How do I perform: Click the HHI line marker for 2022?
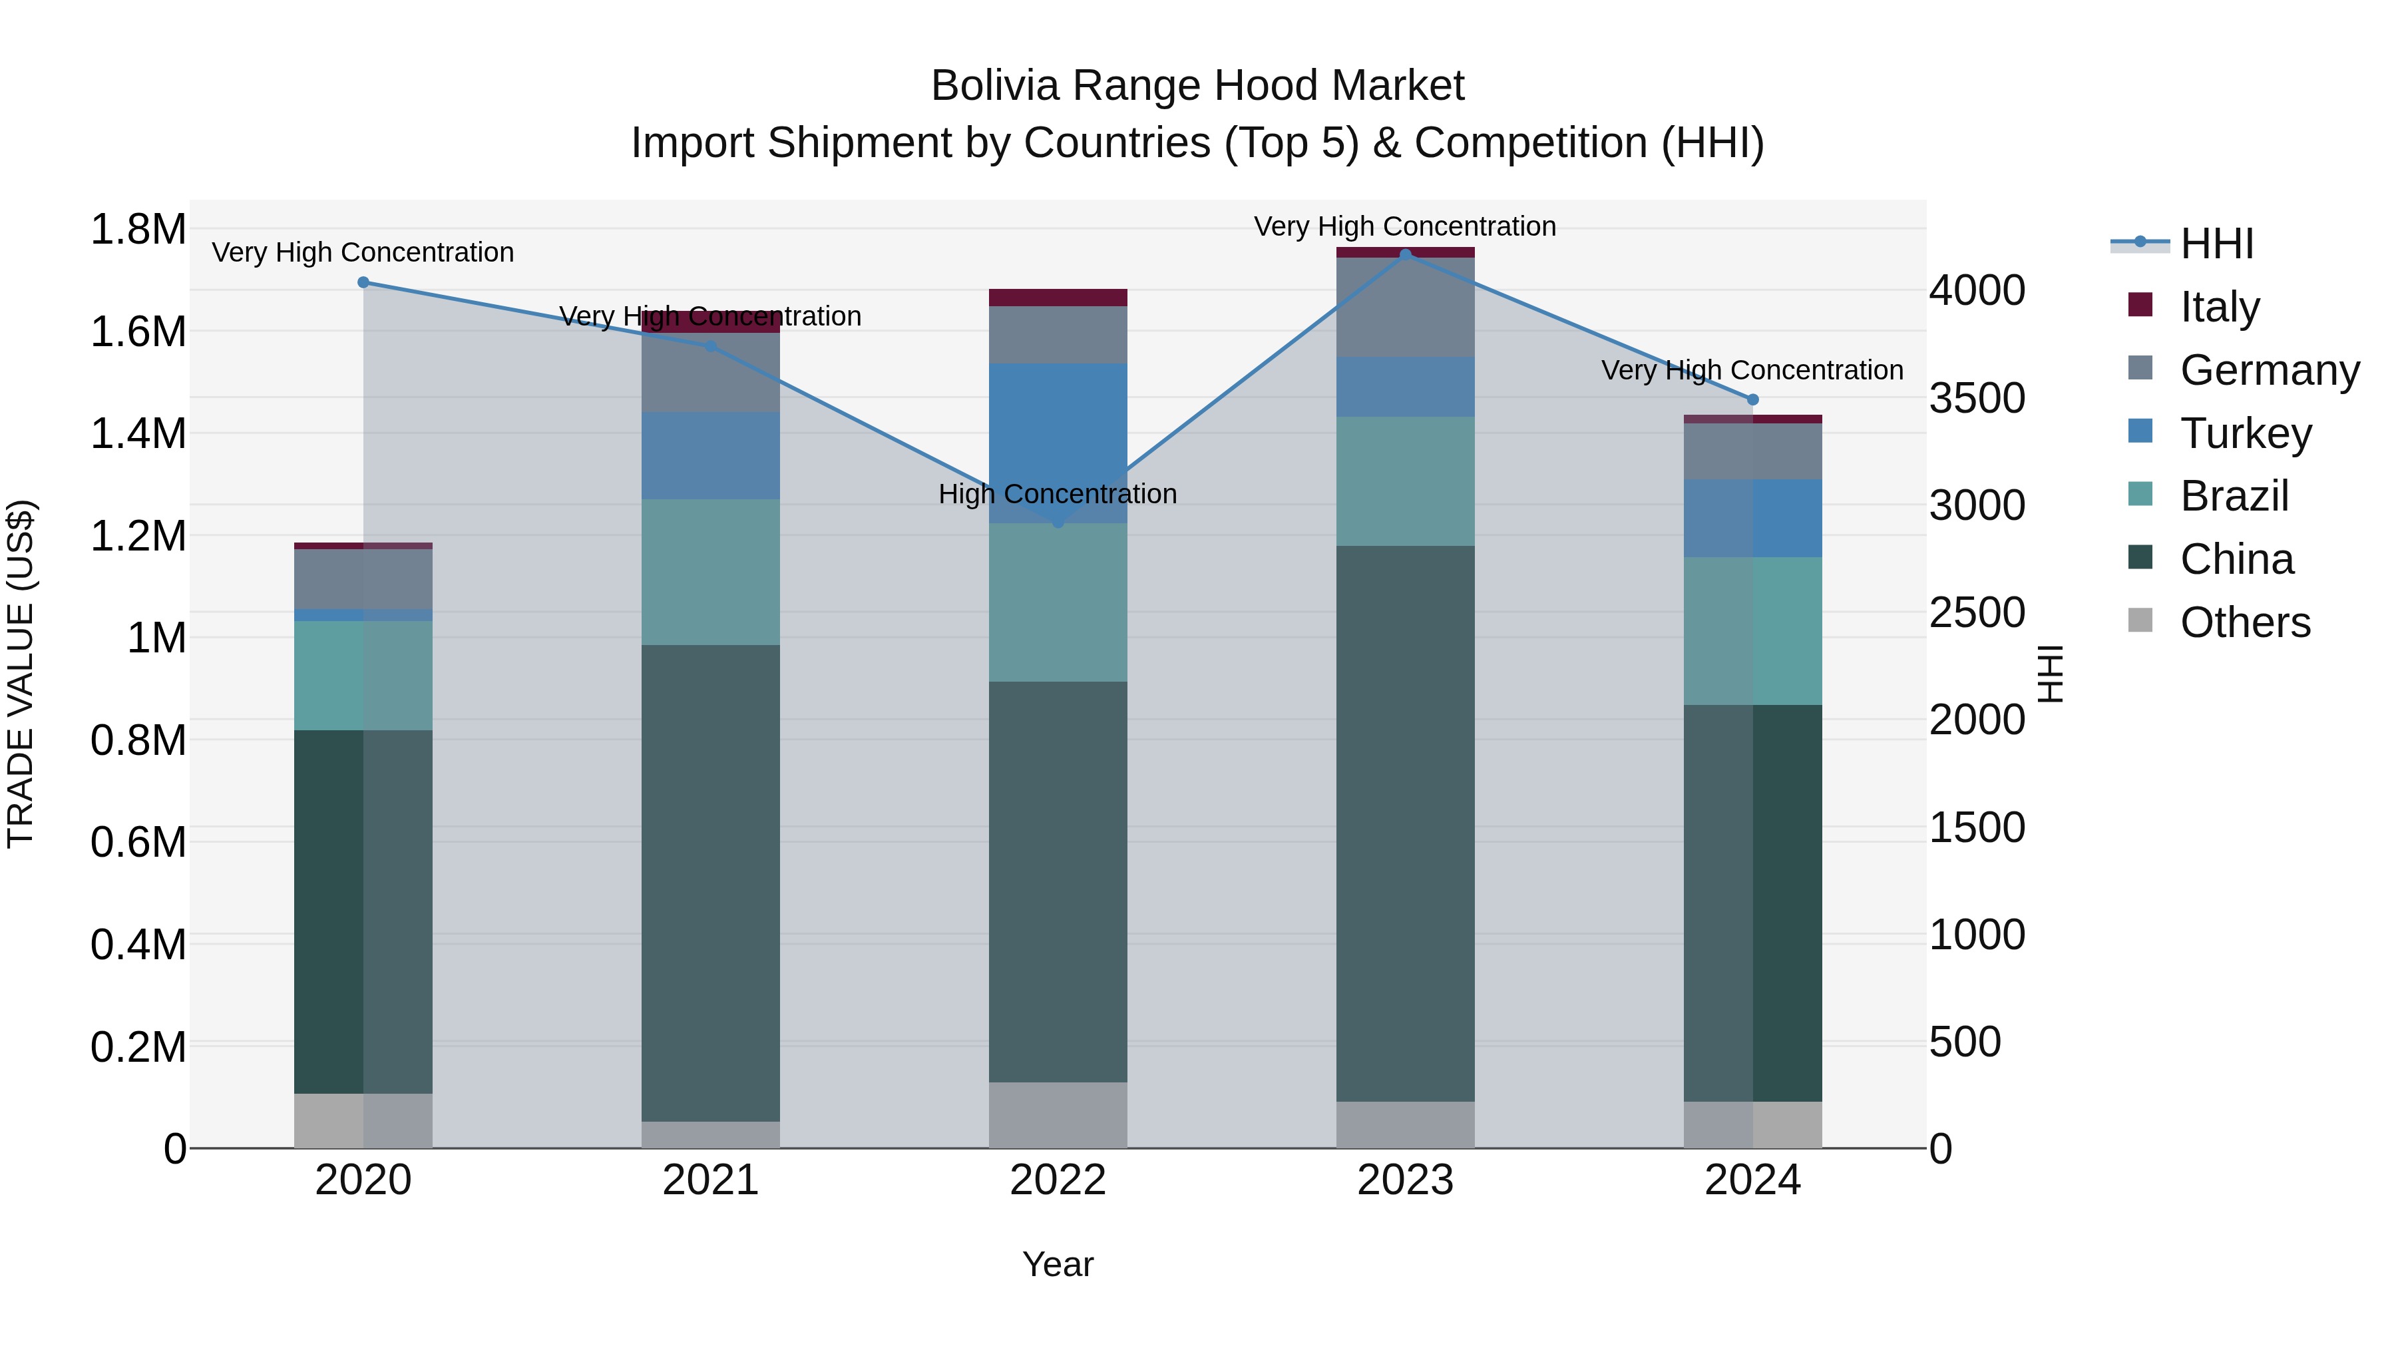pyautogui.click(x=1058, y=523)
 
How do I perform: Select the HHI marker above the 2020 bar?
pyautogui.click(x=363, y=282)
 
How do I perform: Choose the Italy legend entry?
pyautogui.click(x=2218, y=306)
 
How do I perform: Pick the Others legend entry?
pyautogui.click(x=2244, y=622)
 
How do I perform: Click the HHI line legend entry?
pyautogui.click(x=2216, y=244)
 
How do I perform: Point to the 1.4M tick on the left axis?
pyautogui.click(x=138, y=433)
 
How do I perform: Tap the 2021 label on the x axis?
pyautogui.click(x=711, y=1180)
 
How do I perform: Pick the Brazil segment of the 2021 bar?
pyautogui.click(x=711, y=572)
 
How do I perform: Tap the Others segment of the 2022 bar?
pyautogui.click(x=1058, y=1114)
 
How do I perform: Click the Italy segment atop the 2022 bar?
pyautogui.click(x=1058, y=298)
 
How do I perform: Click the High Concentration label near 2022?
pyautogui.click(x=1058, y=494)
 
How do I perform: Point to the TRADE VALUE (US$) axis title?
pyautogui.click(x=21, y=674)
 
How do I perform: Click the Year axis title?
pyautogui.click(x=1058, y=1264)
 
